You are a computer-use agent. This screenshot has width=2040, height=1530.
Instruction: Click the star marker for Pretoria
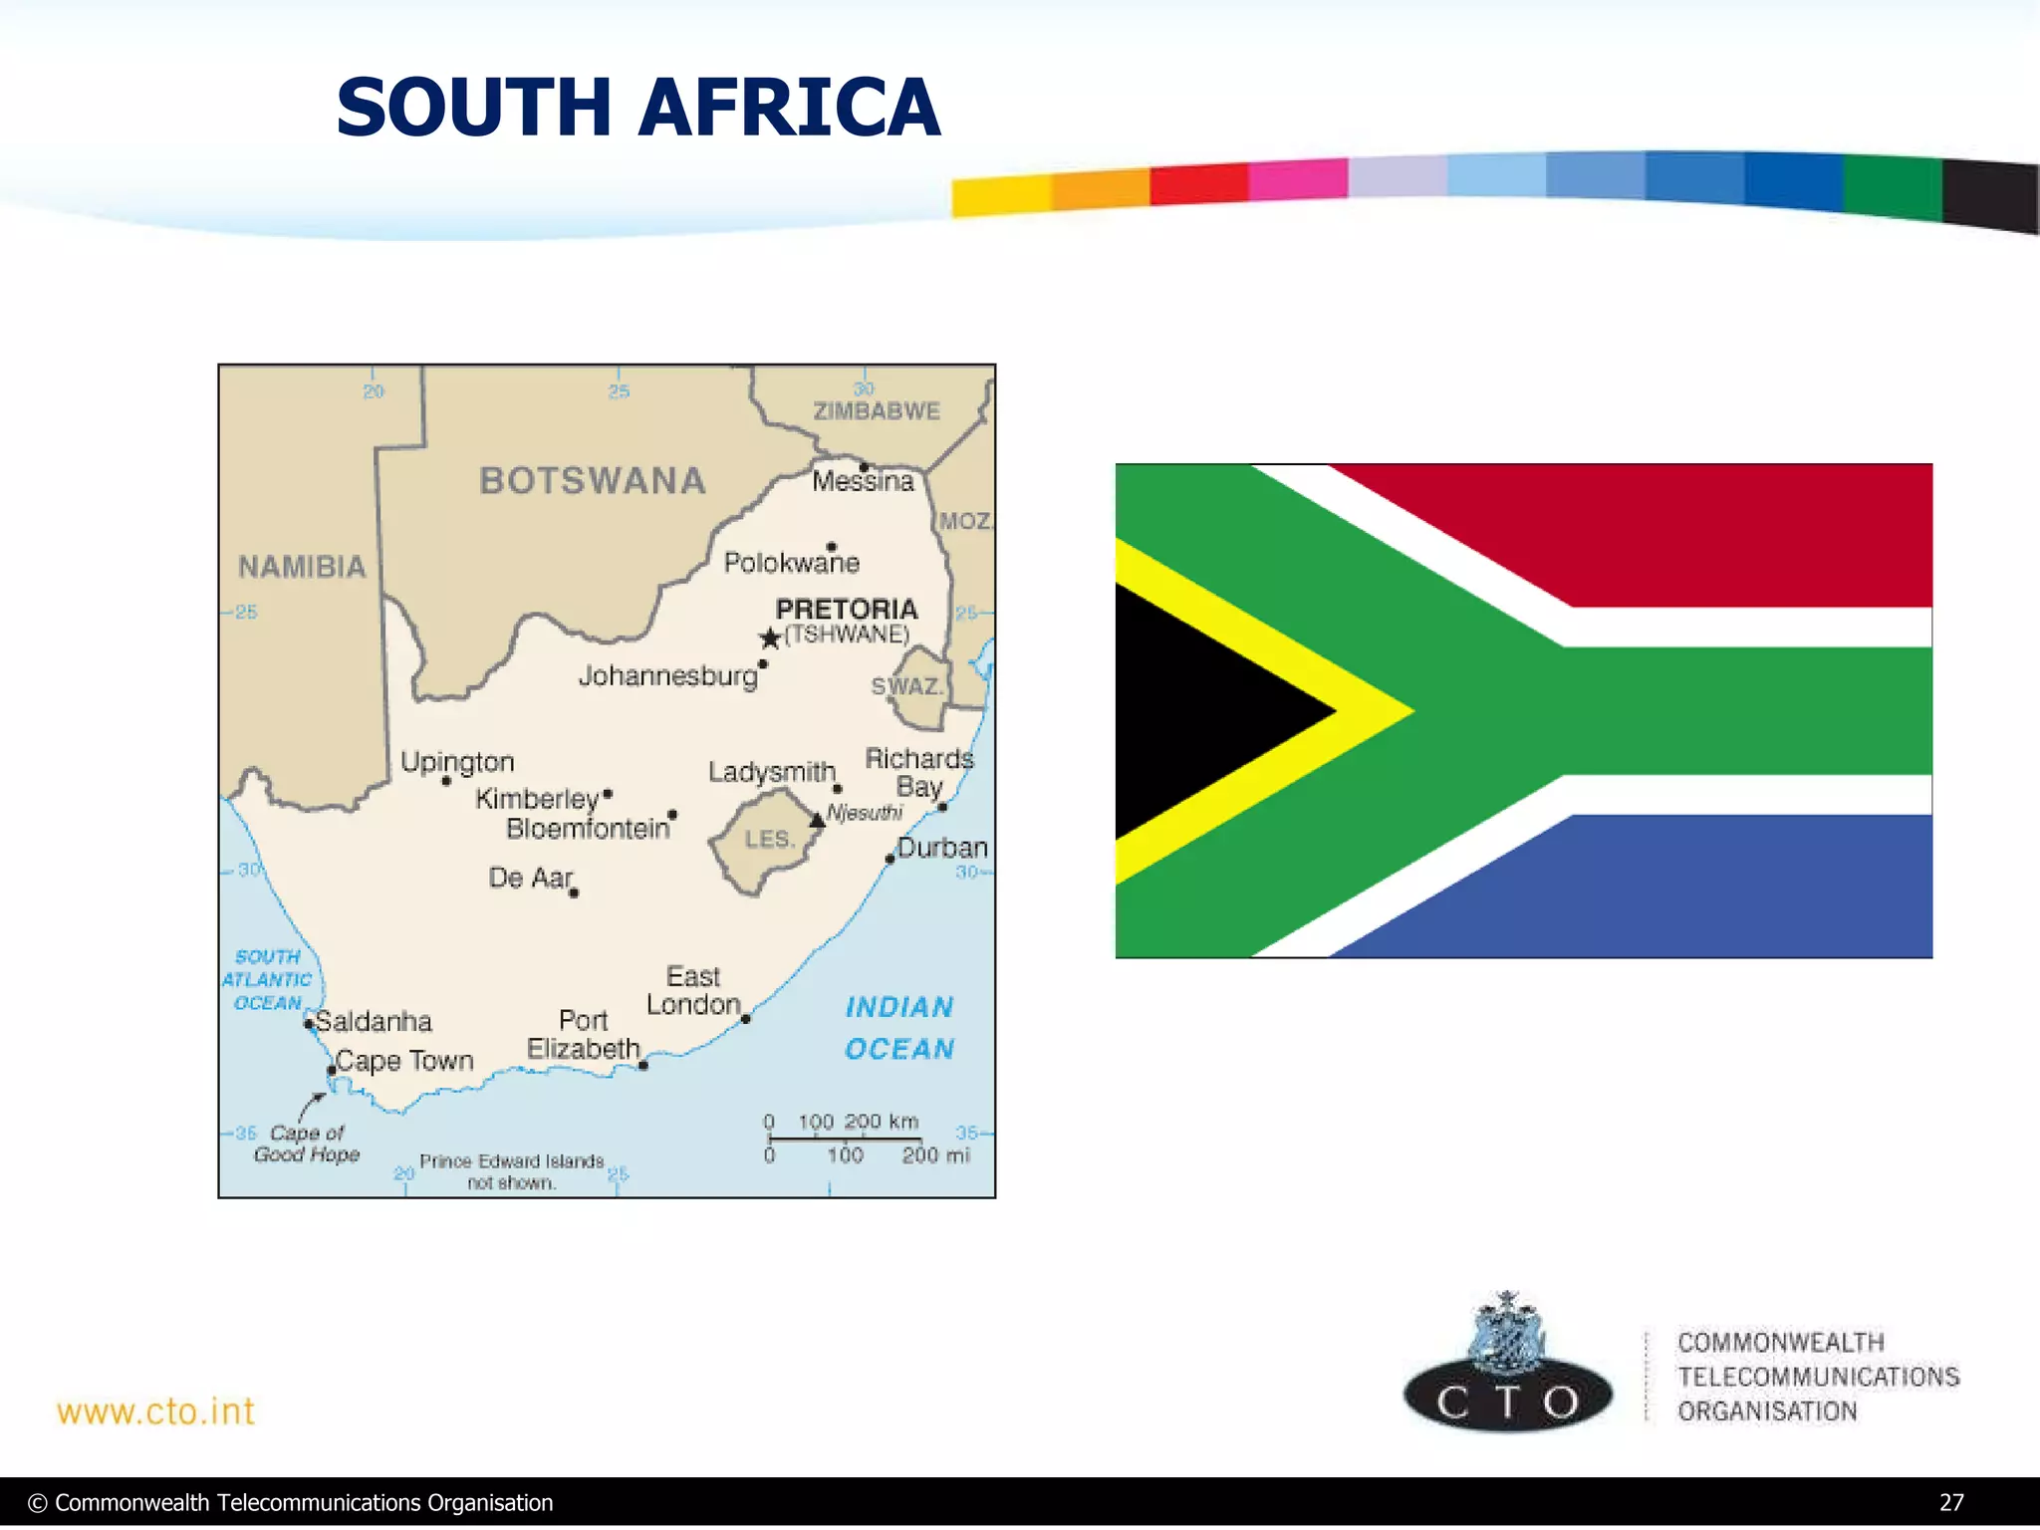(x=770, y=637)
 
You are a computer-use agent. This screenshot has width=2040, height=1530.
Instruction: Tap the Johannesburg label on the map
(x=668, y=676)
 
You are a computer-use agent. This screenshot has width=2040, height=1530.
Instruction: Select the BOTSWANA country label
(x=593, y=481)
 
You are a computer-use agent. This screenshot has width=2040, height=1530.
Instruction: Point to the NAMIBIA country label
(x=302, y=567)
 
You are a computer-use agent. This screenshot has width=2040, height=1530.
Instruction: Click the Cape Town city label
(x=404, y=1061)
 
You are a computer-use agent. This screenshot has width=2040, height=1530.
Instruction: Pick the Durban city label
(x=942, y=848)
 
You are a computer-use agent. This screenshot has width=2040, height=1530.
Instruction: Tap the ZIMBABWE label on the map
(x=877, y=411)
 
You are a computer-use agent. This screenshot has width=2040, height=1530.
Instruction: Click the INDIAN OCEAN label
(x=899, y=1028)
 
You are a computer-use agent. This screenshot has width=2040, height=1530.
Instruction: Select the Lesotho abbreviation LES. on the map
(x=769, y=839)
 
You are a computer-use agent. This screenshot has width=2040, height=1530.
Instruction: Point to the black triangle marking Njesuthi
(x=817, y=820)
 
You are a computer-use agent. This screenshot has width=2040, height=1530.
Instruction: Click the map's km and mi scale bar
(x=845, y=1138)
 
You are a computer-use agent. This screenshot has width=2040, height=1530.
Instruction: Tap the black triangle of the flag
(x=1205, y=711)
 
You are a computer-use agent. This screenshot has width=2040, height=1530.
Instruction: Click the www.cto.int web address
(x=155, y=1411)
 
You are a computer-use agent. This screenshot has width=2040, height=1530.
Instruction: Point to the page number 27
(x=1951, y=1502)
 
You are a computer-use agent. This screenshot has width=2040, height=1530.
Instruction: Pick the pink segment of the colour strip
(x=1298, y=180)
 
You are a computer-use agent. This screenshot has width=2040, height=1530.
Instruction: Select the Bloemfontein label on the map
(x=588, y=829)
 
